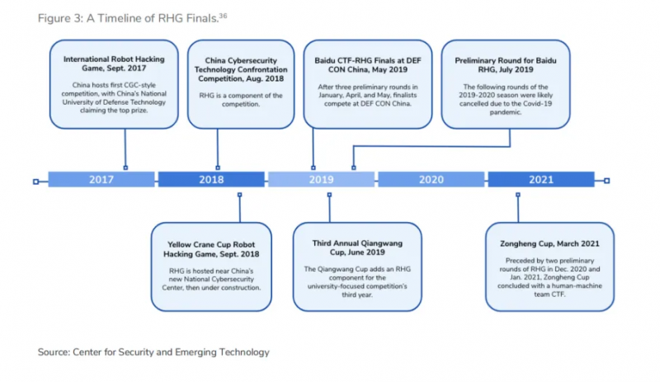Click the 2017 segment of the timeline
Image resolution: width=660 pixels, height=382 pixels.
click(x=101, y=179)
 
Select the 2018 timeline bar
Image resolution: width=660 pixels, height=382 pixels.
click(x=211, y=179)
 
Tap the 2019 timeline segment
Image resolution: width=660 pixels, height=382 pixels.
click(x=321, y=179)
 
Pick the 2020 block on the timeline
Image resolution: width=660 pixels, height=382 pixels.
click(x=431, y=179)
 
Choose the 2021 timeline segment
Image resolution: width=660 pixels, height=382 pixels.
click(x=541, y=179)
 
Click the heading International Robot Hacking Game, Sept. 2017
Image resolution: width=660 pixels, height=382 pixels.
click(x=114, y=64)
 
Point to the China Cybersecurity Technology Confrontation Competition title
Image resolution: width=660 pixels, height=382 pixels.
click(x=241, y=69)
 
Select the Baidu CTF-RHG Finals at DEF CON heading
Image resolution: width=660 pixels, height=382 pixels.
click(x=368, y=65)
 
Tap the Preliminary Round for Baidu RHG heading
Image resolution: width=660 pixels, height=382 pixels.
click(x=506, y=65)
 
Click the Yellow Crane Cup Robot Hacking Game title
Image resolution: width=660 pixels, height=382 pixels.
click(x=211, y=249)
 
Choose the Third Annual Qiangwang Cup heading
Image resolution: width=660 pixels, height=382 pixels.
click(x=357, y=248)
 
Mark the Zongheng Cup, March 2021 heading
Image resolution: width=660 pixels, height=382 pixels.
click(x=549, y=243)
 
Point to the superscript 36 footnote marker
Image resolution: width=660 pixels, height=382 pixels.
click(x=223, y=16)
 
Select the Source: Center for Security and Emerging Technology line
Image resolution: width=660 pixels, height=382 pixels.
click(x=153, y=352)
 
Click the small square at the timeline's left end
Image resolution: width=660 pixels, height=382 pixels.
click(x=35, y=182)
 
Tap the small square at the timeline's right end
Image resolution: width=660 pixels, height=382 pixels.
click(x=606, y=181)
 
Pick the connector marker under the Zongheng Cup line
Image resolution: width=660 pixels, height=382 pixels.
click(x=518, y=195)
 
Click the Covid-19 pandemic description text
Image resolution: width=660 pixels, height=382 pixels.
click(x=506, y=99)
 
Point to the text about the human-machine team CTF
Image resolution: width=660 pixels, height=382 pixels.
click(x=549, y=277)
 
